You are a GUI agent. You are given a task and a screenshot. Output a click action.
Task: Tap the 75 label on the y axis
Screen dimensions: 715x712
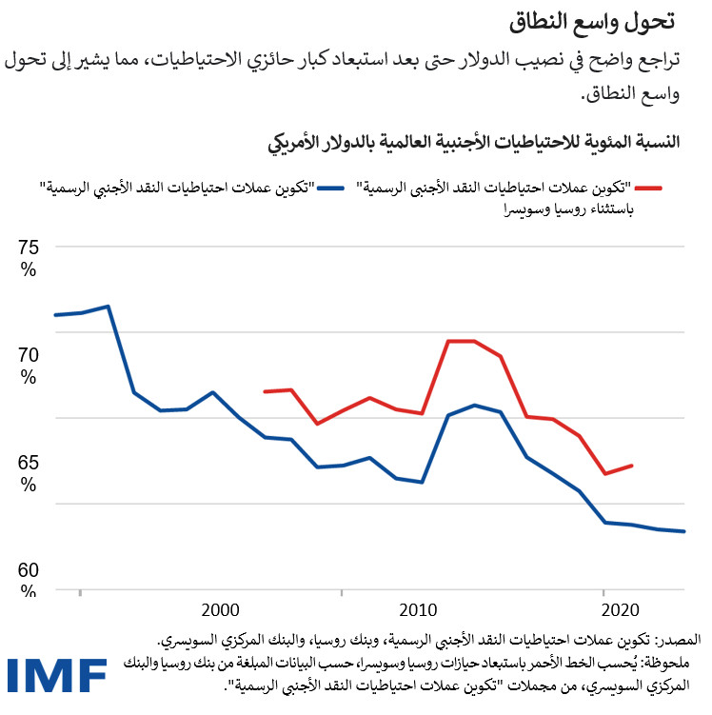30,249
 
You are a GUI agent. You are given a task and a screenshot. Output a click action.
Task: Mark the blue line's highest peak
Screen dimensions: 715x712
109,307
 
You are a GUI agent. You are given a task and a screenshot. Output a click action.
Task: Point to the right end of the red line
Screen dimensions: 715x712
632,466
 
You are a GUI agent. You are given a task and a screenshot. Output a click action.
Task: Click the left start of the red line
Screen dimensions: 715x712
265,391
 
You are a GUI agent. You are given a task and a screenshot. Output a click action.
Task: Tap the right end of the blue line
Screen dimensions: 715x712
684,531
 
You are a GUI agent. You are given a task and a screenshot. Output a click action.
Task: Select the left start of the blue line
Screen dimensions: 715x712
55,315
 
